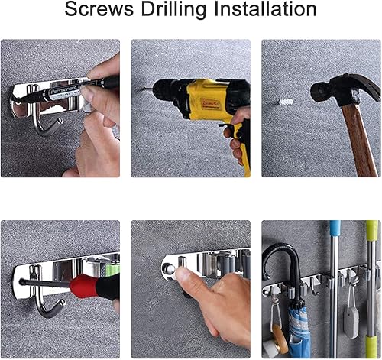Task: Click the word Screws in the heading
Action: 99,9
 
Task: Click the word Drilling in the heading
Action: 173,10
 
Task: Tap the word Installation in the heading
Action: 265,9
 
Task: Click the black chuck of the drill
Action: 163,90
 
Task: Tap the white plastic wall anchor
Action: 286,102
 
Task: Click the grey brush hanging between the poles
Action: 351,323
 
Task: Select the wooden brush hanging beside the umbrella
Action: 280,339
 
